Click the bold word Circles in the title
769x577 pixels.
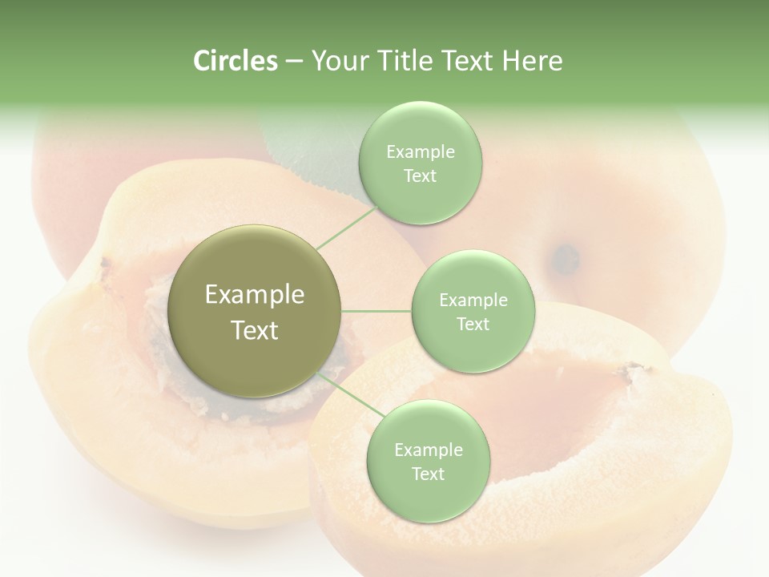235,61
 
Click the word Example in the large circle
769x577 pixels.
255,295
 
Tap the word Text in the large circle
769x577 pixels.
255,330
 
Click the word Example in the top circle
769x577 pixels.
420,152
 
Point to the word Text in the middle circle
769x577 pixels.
473,324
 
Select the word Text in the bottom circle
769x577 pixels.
428,474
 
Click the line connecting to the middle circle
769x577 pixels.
376,311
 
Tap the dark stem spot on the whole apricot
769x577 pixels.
566,258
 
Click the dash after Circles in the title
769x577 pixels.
294,61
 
